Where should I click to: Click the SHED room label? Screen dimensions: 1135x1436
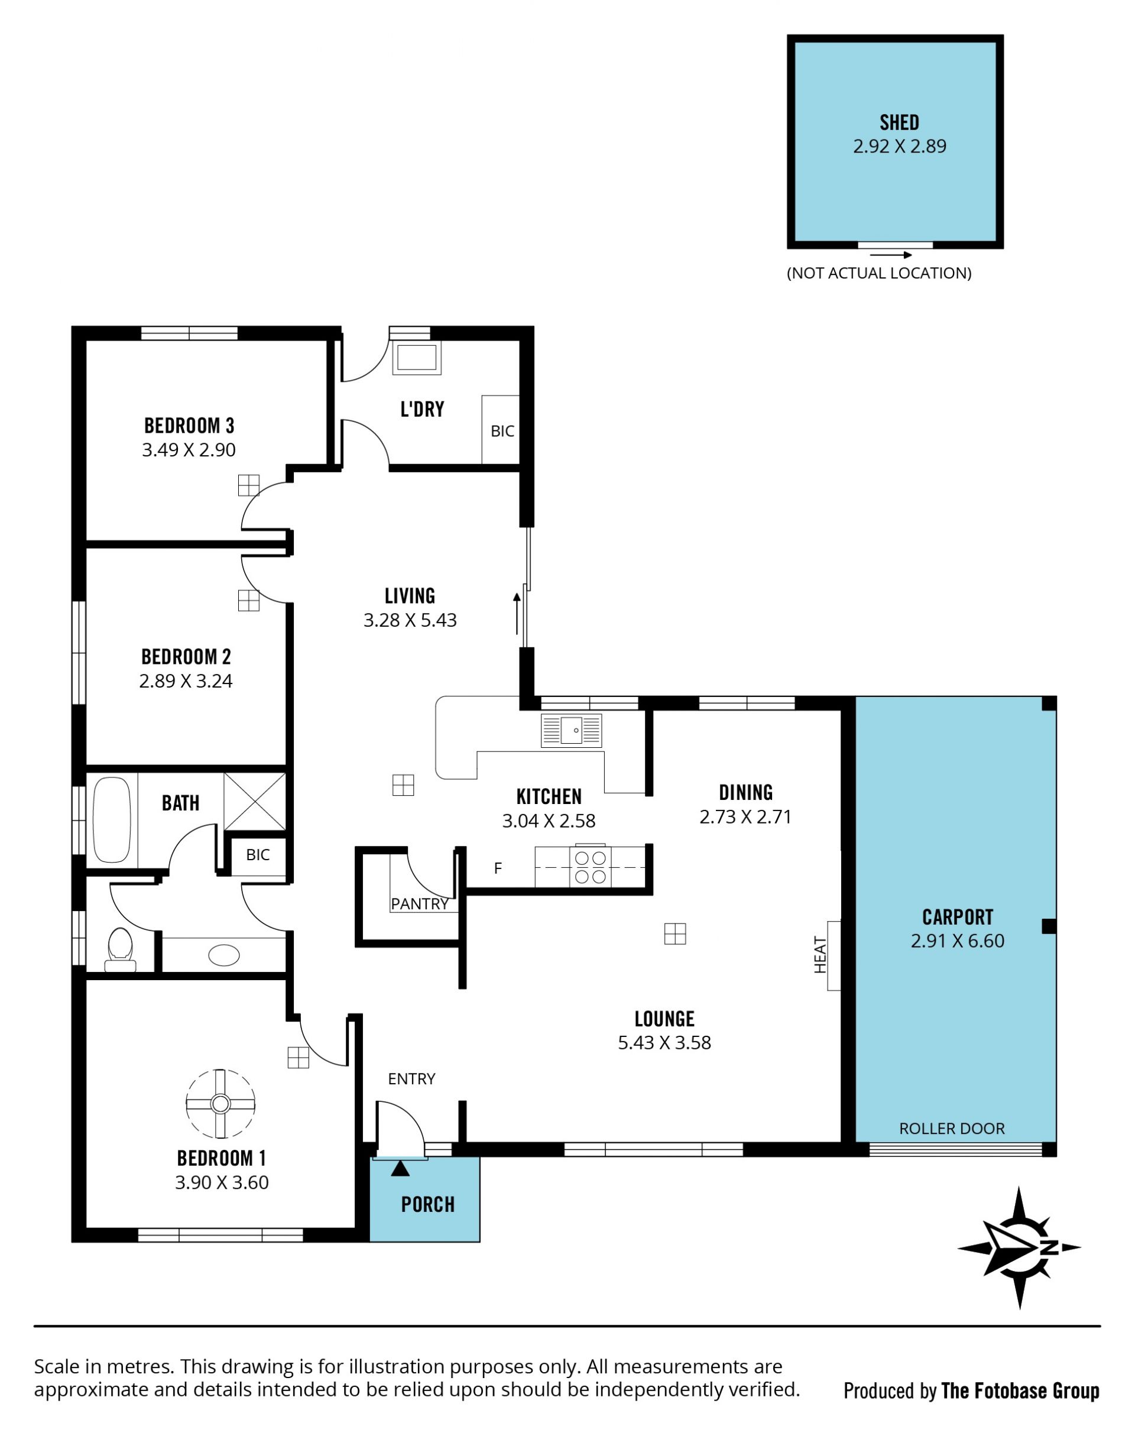point(899,122)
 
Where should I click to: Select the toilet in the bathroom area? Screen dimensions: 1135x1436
point(120,949)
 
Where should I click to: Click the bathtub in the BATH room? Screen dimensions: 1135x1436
point(112,819)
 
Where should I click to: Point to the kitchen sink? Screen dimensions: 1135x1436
point(571,730)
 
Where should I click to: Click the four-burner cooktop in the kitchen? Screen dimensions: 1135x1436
point(590,867)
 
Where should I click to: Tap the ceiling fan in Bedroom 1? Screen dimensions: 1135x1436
point(220,1104)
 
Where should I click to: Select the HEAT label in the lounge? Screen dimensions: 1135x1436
point(821,955)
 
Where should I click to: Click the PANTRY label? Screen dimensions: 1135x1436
point(419,904)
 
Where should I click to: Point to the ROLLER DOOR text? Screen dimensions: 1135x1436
point(952,1129)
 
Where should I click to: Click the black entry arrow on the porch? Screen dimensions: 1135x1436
point(400,1168)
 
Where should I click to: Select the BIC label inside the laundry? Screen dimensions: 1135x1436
point(502,431)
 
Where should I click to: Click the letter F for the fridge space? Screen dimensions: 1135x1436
point(498,868)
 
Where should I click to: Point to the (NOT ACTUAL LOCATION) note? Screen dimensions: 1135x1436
point(878,273)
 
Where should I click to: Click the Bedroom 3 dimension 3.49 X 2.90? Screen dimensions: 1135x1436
point(189,450)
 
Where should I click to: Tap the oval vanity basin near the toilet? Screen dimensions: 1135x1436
point(224,955)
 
